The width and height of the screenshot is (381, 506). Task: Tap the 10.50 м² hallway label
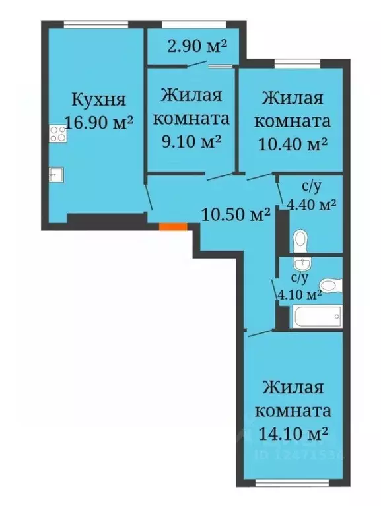(236, 214)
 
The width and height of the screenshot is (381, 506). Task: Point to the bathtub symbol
(318, 317)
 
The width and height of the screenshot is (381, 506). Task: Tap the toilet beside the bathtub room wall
(332, 286)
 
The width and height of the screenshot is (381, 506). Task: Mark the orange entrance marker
(173, 226)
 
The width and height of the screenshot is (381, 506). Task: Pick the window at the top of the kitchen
(95, 25)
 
